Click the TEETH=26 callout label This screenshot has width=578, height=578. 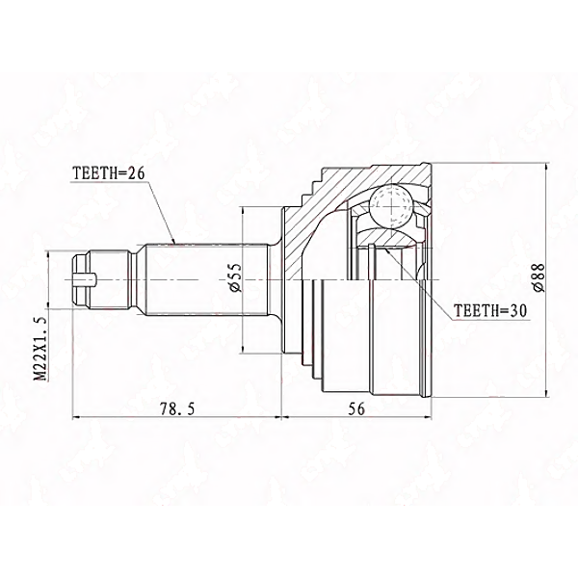tap(108, 172)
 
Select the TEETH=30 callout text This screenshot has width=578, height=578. tap(490, 311)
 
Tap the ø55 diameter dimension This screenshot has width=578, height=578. tap(236, 278)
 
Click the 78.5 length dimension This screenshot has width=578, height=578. tap(176, 408)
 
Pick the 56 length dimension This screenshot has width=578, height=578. tap(356, 408)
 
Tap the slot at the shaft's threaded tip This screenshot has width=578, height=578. tap(84, 279)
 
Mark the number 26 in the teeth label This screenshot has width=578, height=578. tap(136, 172)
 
